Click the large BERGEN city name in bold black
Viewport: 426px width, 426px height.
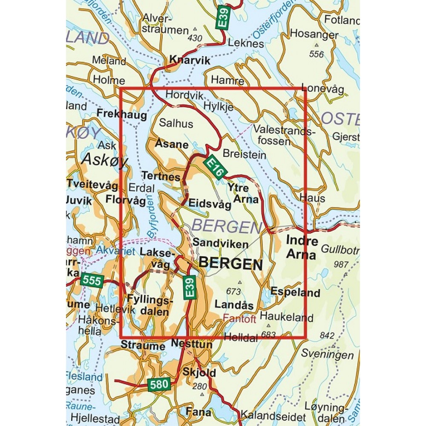coord(231,264)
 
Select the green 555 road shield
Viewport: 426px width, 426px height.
coord(92,280)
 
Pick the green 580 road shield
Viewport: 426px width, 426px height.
coord(159,385)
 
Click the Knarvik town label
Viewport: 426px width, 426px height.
coord(190,60)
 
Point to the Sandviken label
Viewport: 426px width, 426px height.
coord(221,244)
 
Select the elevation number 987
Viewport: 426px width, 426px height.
coord(341,264)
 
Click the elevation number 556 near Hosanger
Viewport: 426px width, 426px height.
coord(317,54)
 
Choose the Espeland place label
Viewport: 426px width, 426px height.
coord(295,293)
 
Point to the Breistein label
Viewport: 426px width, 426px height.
coord(239,154)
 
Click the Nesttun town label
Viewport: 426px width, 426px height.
coord(191,343)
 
